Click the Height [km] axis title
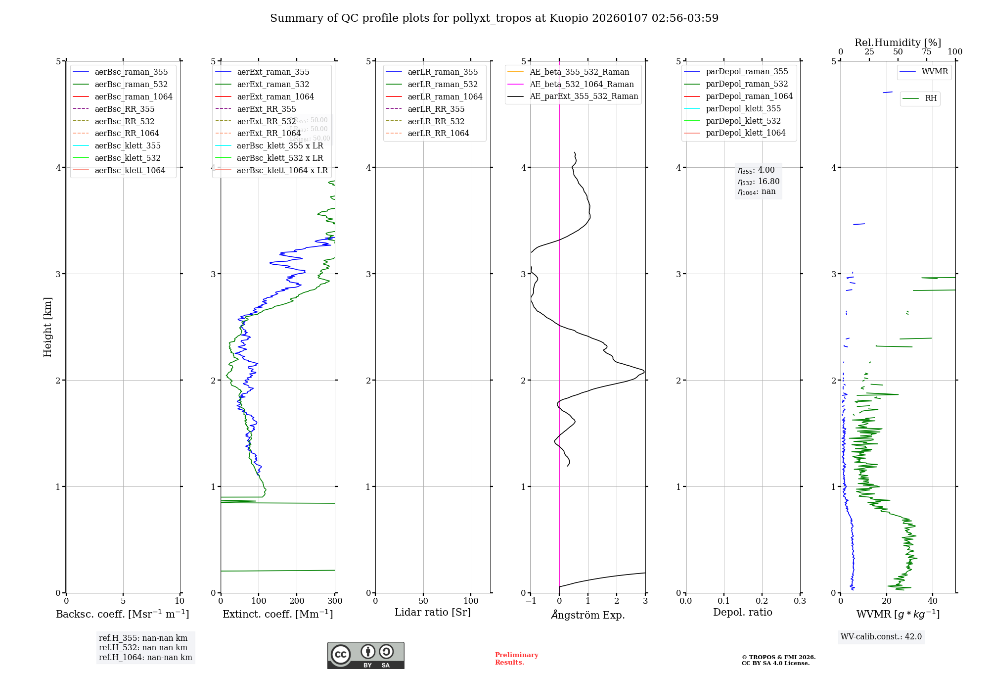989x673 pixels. tap(47, 327)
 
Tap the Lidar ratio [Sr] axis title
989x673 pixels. tap(433, 613)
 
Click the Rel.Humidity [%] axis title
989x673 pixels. tap(898, 43)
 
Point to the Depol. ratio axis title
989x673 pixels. tap(742, 613)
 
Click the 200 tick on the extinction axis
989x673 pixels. tap(297, 601)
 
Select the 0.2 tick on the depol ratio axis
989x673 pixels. tap(762, 601)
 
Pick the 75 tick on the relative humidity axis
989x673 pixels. tap(926, 52)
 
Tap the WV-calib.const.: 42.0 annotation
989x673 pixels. tap(881, 637)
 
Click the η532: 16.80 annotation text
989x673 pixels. tap(759, 182)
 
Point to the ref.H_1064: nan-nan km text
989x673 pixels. tap(145, 658)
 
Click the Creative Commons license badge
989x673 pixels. tap(365, 655)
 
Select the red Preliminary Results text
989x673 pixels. tap(516, 659)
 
